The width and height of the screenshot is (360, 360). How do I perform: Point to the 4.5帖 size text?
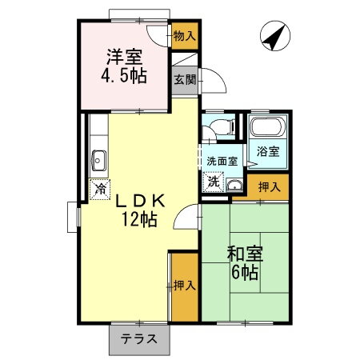[x=125, y=78]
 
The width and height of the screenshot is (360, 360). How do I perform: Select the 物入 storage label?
[x=184, y=35]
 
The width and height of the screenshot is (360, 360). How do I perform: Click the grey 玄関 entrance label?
[x=184, y=80]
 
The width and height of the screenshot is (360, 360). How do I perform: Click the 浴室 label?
[x=267, y=151]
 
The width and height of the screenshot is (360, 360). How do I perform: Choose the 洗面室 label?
[x=222, y=161]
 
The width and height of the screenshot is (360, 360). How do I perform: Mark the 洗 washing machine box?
[x=214, y=182]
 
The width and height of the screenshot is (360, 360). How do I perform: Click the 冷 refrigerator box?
[x=100, y=190]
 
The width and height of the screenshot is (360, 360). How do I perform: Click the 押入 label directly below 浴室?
[x=269, y=187]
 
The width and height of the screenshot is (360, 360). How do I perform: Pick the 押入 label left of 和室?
[x=184, y=284]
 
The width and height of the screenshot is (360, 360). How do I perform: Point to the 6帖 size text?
[x=244, y=274]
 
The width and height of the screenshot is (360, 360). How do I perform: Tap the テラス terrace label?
[x=139, y=339]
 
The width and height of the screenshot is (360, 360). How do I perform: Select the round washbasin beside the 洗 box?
[x=234, y=185]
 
